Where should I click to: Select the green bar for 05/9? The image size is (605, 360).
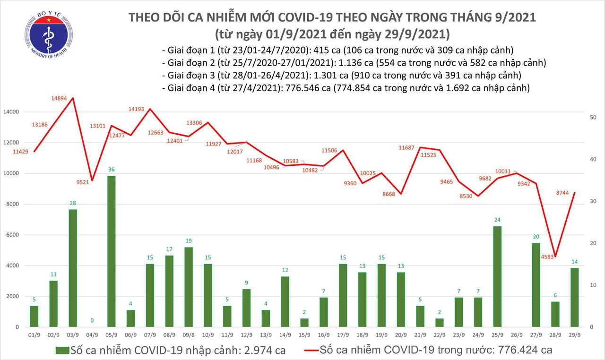(x=111, y=251)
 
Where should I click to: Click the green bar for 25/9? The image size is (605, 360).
(x=497, y=276)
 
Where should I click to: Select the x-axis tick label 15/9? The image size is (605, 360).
(x=304, y=334)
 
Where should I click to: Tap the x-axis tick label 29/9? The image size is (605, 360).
(x=574, y=334)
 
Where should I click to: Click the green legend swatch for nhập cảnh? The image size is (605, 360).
(x=62, y=351)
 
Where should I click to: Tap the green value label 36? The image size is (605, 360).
(x=111, y=170)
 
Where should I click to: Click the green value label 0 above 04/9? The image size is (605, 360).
(x=92, y=321)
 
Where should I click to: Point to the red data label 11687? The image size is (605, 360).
(x=406, y=148)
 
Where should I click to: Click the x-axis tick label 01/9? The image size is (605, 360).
(x=34, y=334)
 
